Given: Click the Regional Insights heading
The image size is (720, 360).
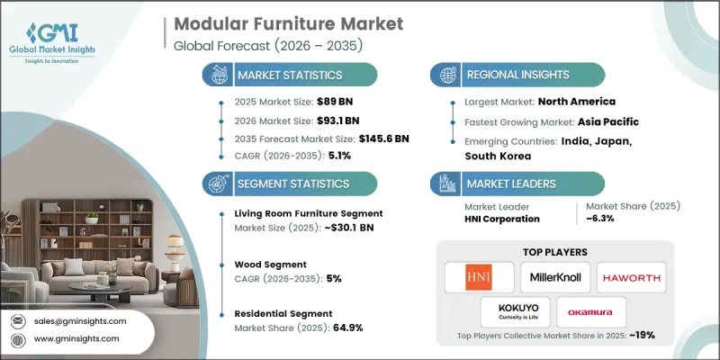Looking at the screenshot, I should [510, 75].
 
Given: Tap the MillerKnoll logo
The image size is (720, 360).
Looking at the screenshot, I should [554, 275].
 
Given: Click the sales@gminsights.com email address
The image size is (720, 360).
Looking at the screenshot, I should [79, 321].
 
